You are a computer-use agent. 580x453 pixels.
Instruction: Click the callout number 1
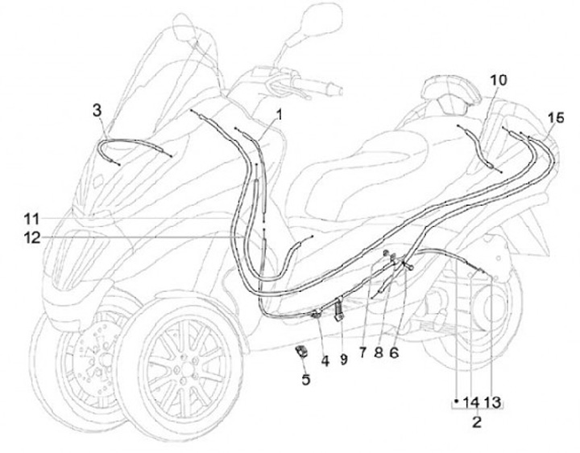(279, 115)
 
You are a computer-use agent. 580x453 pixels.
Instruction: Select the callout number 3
(97, 110)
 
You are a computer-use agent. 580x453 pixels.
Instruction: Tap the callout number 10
(498, 80)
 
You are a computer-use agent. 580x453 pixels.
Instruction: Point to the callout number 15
(552, 117)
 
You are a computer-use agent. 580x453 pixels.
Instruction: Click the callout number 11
(31, 218)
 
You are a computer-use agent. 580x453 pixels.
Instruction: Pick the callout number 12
(31, 237)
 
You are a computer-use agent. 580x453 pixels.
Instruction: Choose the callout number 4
(325, 361)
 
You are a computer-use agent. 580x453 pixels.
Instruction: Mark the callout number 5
(305, 378)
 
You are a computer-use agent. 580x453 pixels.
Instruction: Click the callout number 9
(344, 361)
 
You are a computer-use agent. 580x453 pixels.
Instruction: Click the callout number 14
(470, 400)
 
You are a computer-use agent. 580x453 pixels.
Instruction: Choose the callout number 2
(476, 419)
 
